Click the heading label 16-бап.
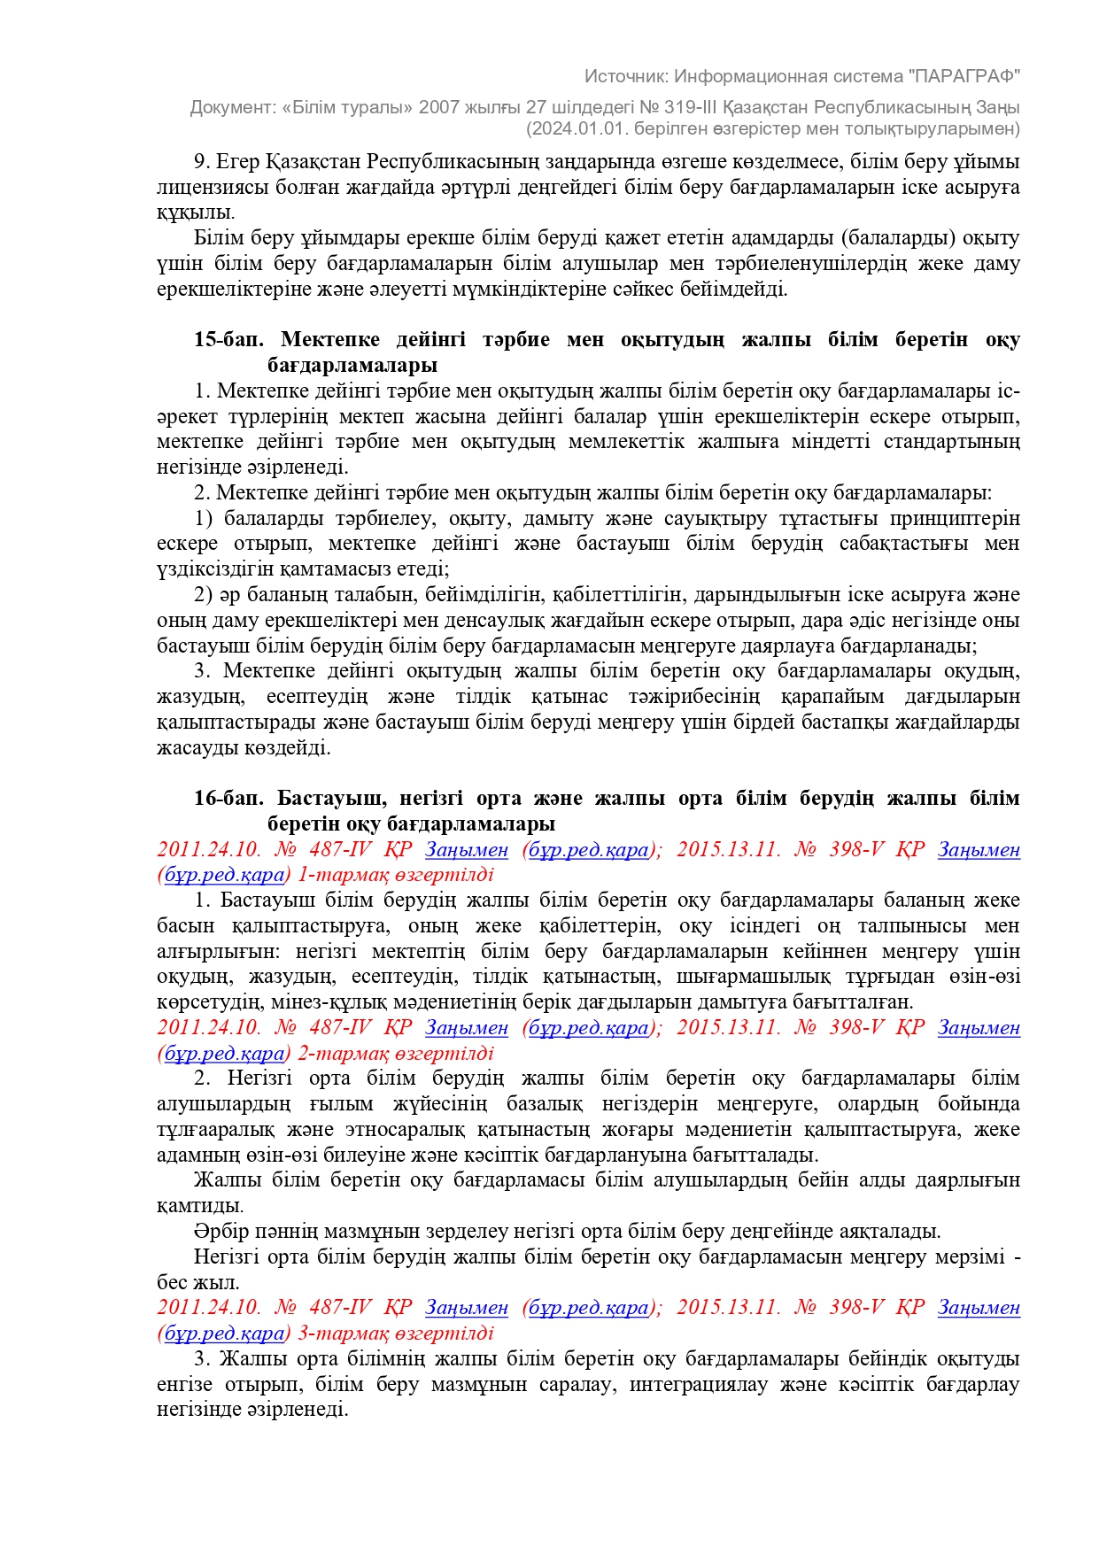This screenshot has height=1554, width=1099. coord(228,799)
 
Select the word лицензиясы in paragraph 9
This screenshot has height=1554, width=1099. coord(207,188)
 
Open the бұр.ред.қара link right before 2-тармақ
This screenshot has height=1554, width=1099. coord(225,1054)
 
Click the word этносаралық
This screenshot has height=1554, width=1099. coord(456,1130)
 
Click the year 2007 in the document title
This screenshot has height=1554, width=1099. coord(440,107)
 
